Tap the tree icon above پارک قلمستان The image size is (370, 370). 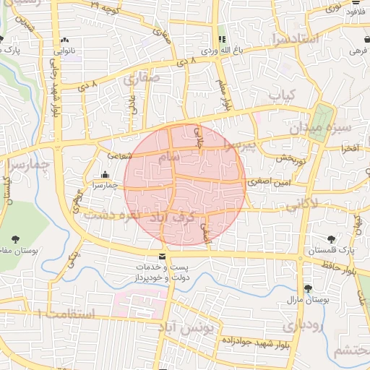[332, 239]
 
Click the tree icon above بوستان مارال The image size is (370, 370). [309, 288]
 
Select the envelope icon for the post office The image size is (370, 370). [161, 257]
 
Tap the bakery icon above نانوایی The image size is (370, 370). [66, 40]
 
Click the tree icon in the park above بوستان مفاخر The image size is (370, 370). [16, 239]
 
